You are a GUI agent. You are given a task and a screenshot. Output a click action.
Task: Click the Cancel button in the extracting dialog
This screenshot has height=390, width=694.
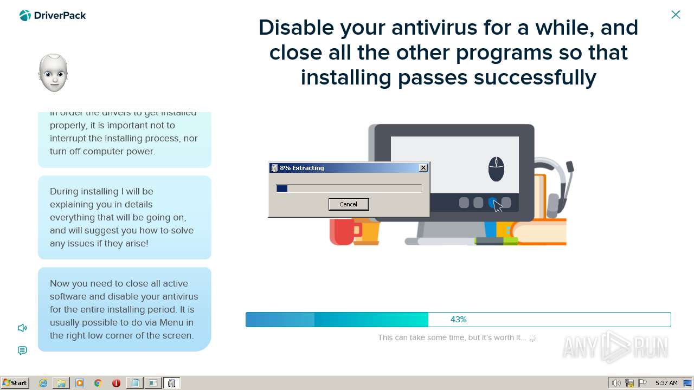(x=348, y=204)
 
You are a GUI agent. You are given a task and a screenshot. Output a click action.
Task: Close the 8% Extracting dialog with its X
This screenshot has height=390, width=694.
(x=423, y=168)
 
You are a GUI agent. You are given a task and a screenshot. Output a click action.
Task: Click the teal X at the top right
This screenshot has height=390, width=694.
(x=676, y=15)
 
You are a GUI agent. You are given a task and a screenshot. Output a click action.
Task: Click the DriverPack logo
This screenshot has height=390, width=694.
(x=53, y=16)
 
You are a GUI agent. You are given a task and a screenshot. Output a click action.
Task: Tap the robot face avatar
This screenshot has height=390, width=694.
(x=53, y=73)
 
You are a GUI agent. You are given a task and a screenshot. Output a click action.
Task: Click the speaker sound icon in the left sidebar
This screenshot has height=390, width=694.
(x=22, y=328)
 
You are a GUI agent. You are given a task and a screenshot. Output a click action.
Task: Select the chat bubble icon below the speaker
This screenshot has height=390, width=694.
(x=22, y=350)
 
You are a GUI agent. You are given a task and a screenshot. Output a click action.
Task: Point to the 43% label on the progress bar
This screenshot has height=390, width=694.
(x=458, y=320)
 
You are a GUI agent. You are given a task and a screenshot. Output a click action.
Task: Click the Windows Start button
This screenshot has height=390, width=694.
(x=15, y=383)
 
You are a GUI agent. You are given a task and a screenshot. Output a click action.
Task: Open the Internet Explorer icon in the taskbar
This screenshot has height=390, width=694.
(x=43, y=383)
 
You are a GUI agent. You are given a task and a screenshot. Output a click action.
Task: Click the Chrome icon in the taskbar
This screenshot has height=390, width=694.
(x=98, y=383)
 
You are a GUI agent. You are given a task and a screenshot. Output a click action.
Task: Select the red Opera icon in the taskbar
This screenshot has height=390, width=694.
(x=116, y=383)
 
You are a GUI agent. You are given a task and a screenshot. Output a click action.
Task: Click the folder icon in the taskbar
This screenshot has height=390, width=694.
(x=61, y=383)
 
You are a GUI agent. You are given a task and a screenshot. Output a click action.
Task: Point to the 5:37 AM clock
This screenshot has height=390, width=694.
(x=666, y=383)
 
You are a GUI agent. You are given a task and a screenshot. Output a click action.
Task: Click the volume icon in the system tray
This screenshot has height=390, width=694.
(x=616, y=383)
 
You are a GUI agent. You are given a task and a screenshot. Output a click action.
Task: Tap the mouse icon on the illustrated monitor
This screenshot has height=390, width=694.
(x=496, y=169)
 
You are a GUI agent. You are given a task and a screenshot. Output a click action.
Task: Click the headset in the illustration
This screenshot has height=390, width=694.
(x=558, y=184)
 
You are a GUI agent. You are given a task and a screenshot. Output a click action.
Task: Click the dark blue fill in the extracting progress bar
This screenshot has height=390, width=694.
(x=282, y=188)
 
